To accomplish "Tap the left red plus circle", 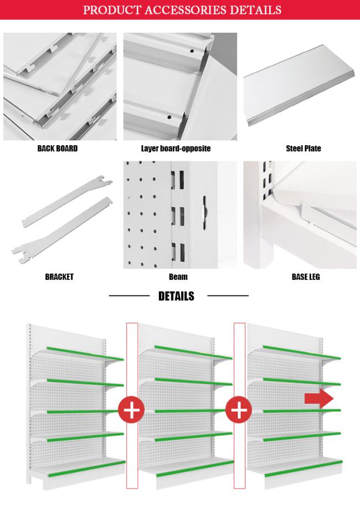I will tap(131, 411).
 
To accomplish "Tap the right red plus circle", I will tap(239, 411).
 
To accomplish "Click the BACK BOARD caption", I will tap(58, 149).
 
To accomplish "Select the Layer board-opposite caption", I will tap(176, 149).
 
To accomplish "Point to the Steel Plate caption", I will tap(303, 149).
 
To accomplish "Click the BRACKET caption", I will tap(59, 277).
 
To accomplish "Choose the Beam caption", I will tap(178, 277).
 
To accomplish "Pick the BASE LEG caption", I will tap(306, 277).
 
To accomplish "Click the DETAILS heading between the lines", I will tap(176, 296).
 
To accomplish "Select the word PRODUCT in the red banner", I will tap(109, 10).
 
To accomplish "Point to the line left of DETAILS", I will tap(129, 296).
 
